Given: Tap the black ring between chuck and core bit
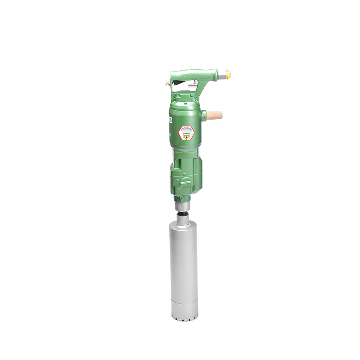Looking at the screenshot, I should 183,216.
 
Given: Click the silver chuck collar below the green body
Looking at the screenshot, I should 183,208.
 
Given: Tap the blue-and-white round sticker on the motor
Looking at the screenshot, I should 170,120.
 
